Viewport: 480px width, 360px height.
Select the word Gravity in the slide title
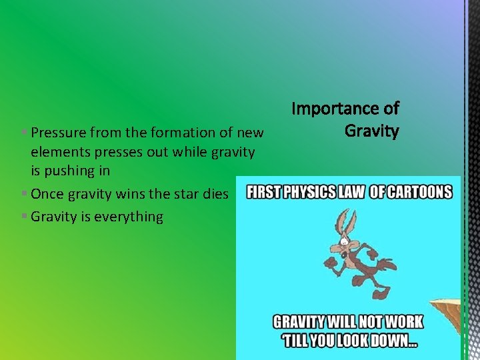click(x=371, y=130)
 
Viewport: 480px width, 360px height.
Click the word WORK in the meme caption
click(x=403, y=322)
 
